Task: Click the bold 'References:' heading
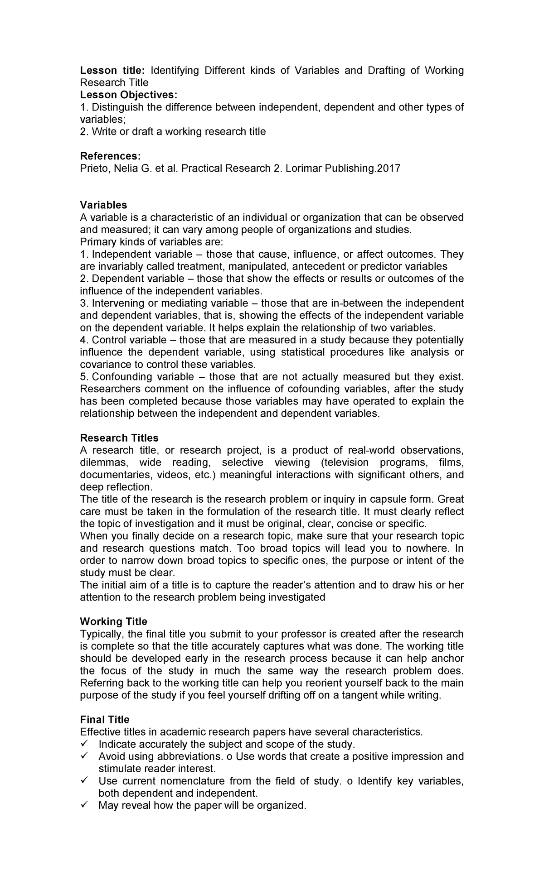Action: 110,156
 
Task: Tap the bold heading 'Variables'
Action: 103,205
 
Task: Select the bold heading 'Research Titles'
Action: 119,438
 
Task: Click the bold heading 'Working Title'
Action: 113,621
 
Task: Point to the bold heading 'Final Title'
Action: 104,720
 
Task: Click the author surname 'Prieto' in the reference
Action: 92,168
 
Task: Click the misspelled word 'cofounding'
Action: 309,389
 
